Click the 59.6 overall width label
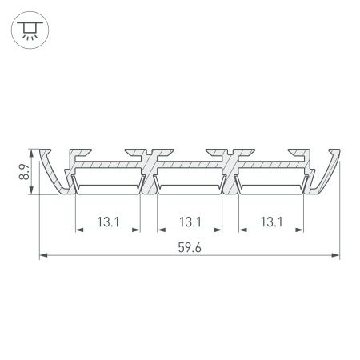point(190,247)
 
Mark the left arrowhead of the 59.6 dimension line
point(43,256)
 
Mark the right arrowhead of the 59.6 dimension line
point(336,256)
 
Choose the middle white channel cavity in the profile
point(190,186)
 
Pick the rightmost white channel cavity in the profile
point(271,186)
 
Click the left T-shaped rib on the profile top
point(149,152)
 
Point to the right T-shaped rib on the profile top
point(231,152)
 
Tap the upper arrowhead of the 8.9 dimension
point(31,153)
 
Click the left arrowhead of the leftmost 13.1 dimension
point(78,230)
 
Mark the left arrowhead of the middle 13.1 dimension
point(160,230)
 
